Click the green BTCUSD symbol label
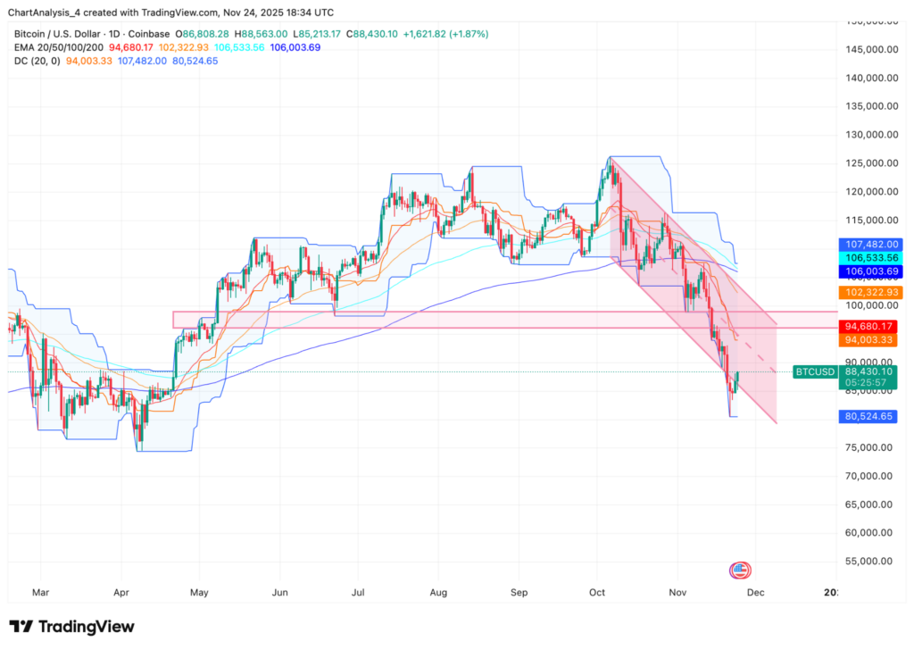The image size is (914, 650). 815,371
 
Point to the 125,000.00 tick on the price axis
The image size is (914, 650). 869,163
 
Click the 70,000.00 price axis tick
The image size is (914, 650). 869,476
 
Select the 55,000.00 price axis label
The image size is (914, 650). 869,562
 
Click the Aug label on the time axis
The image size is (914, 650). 437,592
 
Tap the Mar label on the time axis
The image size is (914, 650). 40,592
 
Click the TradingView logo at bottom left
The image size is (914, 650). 71,626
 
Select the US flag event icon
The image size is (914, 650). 739,570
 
